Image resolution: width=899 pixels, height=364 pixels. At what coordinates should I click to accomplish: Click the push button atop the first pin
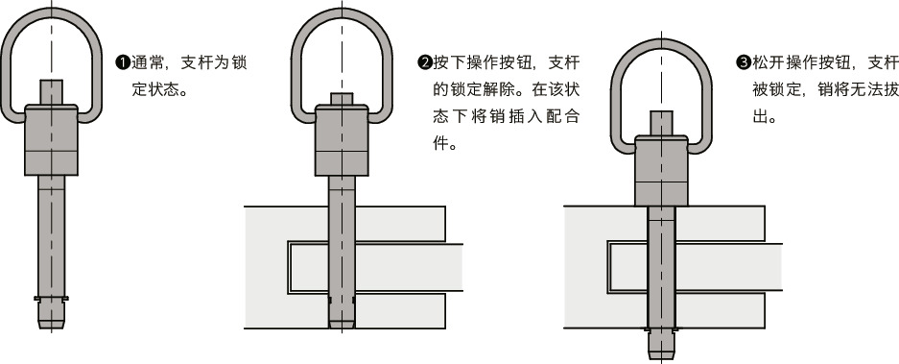point(53,92)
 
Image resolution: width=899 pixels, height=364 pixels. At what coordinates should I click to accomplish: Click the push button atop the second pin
point(342,99)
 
